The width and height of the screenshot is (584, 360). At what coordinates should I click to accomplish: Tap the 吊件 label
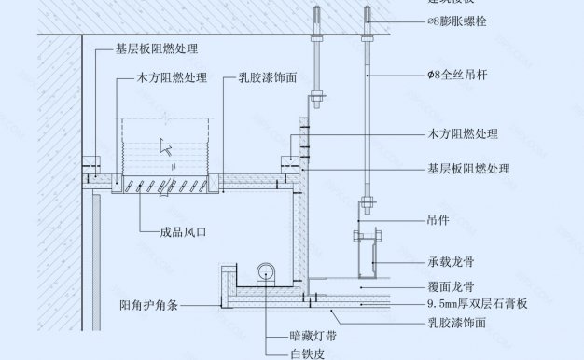coord(439,222)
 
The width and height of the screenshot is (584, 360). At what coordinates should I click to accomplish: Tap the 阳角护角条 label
coord(156,304)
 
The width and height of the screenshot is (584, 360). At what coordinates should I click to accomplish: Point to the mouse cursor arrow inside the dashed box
coord(164,145)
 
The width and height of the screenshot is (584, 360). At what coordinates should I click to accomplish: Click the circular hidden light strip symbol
coord(267,271)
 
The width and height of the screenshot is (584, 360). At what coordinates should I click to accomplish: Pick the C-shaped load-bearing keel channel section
coord(367,254)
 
